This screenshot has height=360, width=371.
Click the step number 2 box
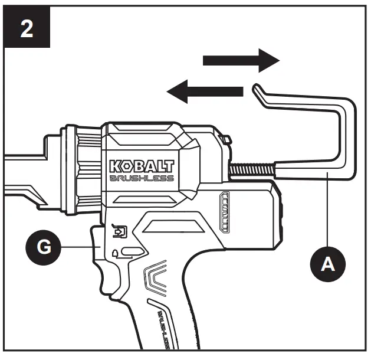(27, 28)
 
